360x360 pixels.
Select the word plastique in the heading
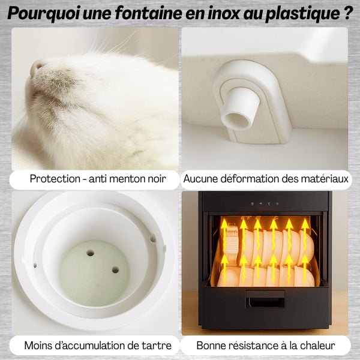pyautogui.click(x=299, y=14)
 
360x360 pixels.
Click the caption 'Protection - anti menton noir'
pyautogui.click(x=95, y=179)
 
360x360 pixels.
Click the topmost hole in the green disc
pyautogui.click(x=90, y=253)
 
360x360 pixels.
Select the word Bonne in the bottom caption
pyautogui.click(x=211, y=346)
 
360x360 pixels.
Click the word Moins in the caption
pyautogui.click(x=38, y=346)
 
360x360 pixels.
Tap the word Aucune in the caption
pyautogui.click(x=200, y=179)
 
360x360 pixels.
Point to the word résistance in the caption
pyautogui.click(x=257, y=346)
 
